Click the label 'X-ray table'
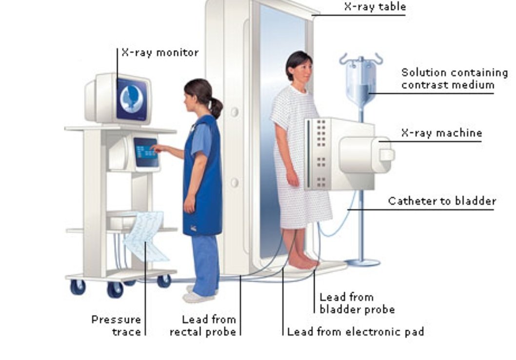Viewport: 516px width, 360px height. click(375, 7)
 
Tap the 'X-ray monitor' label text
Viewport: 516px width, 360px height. click(160, 52)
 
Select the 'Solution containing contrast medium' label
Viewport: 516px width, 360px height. click(454, 79)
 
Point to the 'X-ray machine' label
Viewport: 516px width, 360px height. click(441, 133)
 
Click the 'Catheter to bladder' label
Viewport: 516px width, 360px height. click(442, 201)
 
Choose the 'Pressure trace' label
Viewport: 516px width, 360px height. click(117, 325)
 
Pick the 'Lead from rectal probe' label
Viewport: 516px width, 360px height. click(203, 325)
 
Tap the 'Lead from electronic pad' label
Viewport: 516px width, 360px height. click(356, 332)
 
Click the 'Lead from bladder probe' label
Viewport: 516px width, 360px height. click(357, 303)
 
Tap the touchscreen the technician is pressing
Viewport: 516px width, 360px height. click(146, 152)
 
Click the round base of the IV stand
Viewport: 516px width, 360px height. click(362, 263)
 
